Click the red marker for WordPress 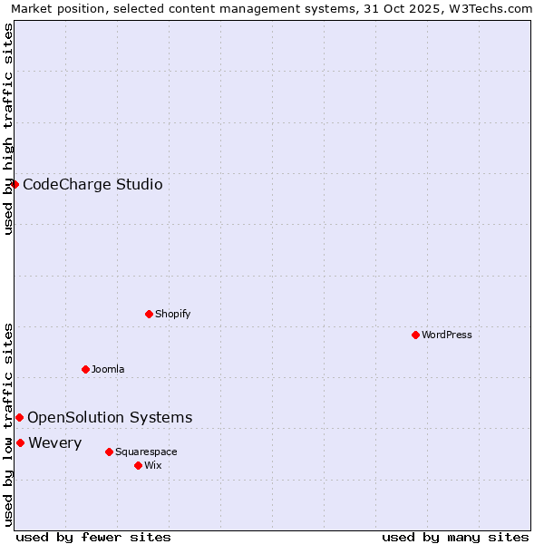pos(415,335)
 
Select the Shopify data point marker pos(149,314)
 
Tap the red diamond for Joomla pos(85,369)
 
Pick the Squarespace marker pos(109,452)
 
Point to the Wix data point pos(138,465)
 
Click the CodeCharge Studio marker pos(15,184)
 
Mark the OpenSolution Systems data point pos(19,417)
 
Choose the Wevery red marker pos(20,442)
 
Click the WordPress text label pos(447,335)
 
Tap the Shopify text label pos(173,314)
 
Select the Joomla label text pos(108,369)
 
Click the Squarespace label pos(146,452)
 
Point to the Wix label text pos(153,465)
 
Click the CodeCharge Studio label pos(92,185)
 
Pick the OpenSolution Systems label pos(110,417)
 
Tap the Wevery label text pos(55,442)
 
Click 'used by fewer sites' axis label pos(93,537)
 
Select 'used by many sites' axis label pos(455,537)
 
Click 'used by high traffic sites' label pos(8,129)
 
